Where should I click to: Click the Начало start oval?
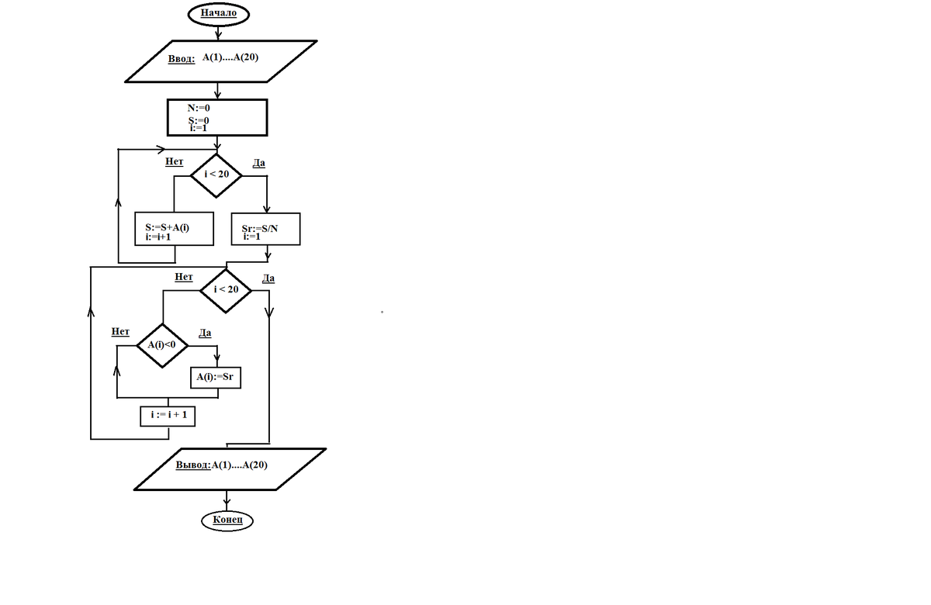pyautogui.click(x=218, y=14)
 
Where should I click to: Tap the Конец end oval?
pyautogui.click(x=227, y=520)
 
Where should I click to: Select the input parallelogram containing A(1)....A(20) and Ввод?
pyautogui.click(x=222, y=60)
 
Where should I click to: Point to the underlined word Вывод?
pyautogui.click(x=192, y=465)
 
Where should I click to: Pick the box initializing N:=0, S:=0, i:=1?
pyautogui.click(x=218, y=117)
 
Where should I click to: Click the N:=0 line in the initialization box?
pyautogui.click(x=199, y=108)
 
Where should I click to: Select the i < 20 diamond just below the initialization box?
pyautogui.click(x=216, y=175)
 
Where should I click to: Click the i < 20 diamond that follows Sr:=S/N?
pyautogui.click(x=226, y=290)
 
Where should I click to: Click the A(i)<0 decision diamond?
pyautogui.click(x=162, y=345)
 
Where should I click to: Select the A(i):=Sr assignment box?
pyautogui.click(x=216, y=377)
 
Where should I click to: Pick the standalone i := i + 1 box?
pyautogui.click(x=168, y=416)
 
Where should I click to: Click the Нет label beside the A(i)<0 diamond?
pyautogui.click(x=120, y=331)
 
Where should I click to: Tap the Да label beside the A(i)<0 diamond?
pyautogui.click(x=206, y=333)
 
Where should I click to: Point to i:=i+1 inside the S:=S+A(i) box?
pyautogui.click(x=157, y=237)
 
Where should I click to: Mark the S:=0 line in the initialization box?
pyautogui.click(x=199, y=120)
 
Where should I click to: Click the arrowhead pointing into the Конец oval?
pyautogui.click(x=227, y=505)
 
